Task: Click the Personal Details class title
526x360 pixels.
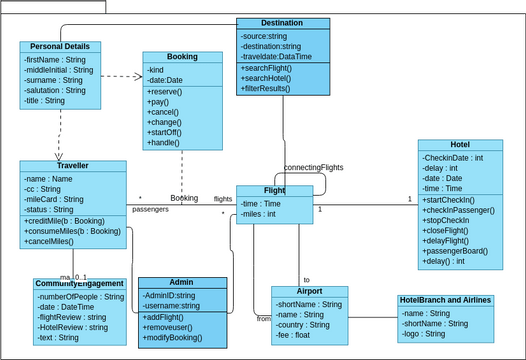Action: [60, 46]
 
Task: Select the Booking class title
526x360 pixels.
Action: [182, 57]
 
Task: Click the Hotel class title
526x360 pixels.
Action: [460, 144]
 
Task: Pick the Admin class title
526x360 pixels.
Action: [182, 283]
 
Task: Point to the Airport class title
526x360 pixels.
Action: [309, 292]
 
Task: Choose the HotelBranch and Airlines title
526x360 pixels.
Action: [445, 300]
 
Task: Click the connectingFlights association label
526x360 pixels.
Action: [313, 167]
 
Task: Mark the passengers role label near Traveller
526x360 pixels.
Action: [150, 209]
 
